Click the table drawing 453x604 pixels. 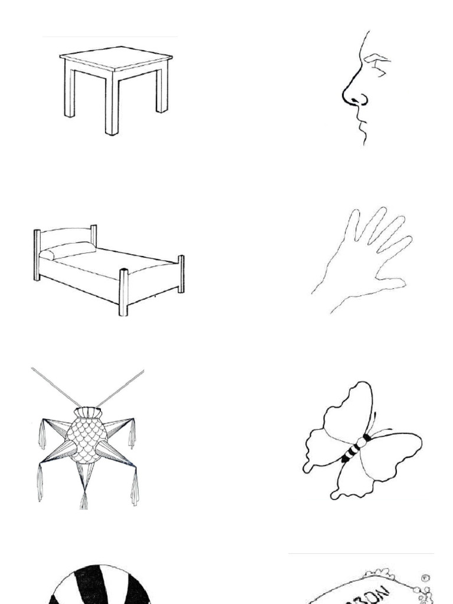click(116, 88)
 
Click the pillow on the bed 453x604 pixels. click(67, 251)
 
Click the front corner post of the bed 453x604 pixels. click(124, 292)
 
